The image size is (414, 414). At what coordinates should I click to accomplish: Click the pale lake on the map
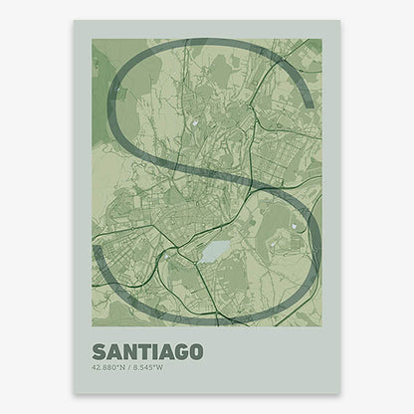(214, 253)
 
